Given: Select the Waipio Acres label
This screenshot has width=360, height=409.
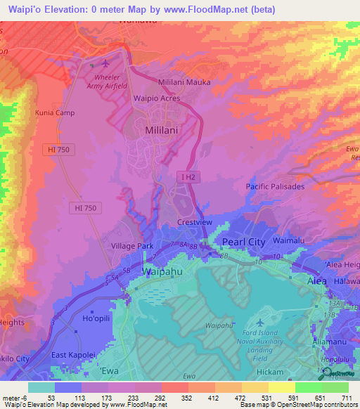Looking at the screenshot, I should click(157, 98).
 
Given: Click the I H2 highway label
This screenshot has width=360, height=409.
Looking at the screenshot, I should click(186, 176).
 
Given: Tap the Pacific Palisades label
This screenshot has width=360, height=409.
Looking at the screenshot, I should click(275, 186).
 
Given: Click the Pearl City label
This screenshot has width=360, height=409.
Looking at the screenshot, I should click(243, 241).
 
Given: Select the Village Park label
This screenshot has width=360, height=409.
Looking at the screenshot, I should click(132, 247).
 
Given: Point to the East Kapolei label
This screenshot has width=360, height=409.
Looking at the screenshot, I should click(73, 355).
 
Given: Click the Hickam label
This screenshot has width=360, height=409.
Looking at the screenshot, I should click(270, 372).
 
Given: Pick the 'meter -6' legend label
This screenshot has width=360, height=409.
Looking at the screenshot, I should click(13, 398).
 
